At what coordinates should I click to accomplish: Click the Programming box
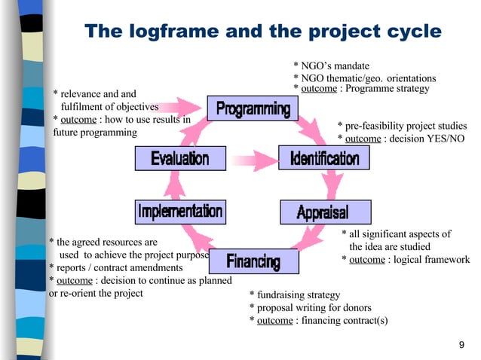coord(253,110)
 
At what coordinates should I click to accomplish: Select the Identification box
coord(319,158)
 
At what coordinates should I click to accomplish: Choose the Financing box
coord(253,261)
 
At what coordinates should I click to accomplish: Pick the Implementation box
coord(179,211)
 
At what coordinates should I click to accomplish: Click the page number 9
coord(461,345)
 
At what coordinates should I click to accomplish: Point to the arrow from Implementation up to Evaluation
coord(178,185)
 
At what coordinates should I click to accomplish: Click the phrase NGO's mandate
coord(335,66)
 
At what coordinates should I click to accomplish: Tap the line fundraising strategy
coord(299,295)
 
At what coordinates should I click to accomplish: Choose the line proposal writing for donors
coord(314,308)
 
